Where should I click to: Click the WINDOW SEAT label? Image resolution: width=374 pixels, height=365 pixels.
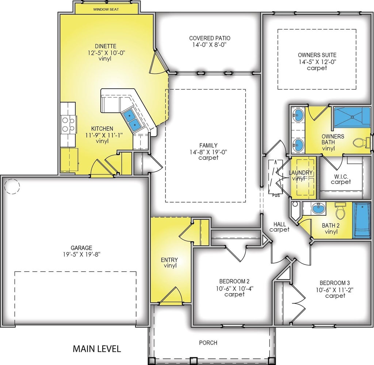click(x=106, y=9)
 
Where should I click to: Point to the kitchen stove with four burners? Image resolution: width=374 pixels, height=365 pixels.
click(x=68, y=124)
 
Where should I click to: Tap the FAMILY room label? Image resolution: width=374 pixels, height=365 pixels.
click(x=209, y=145)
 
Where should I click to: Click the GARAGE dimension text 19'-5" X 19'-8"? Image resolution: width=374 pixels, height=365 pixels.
click(x=81, y=254)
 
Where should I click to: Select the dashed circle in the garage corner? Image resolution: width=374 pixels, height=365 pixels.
click(x=12, y=187)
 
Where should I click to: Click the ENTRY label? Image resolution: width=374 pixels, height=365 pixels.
click(x=169, y=260)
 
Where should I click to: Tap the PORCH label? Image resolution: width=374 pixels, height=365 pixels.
click(x=208, y=343)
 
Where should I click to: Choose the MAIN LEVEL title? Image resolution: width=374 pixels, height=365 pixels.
click(x=97, y=349)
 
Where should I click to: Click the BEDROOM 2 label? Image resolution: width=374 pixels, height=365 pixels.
click(x=234, y=281)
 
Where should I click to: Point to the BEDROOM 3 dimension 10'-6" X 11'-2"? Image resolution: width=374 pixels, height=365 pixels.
click(x=335, y=290)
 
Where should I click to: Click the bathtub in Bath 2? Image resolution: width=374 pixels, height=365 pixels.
click(x=362, y=220)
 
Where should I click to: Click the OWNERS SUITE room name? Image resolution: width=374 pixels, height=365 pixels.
click(x=317, y=55)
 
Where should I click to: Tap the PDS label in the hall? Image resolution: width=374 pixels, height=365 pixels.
click(x=276, y=196)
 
